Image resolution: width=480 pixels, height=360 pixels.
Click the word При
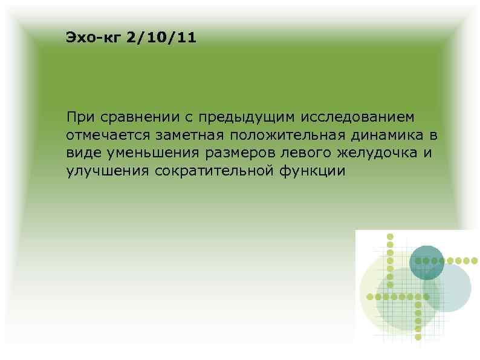(x=80, y=116)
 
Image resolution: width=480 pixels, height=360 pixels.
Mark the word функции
(x=313, y=170)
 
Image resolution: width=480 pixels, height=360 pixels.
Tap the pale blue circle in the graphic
(x=452, y=290)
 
